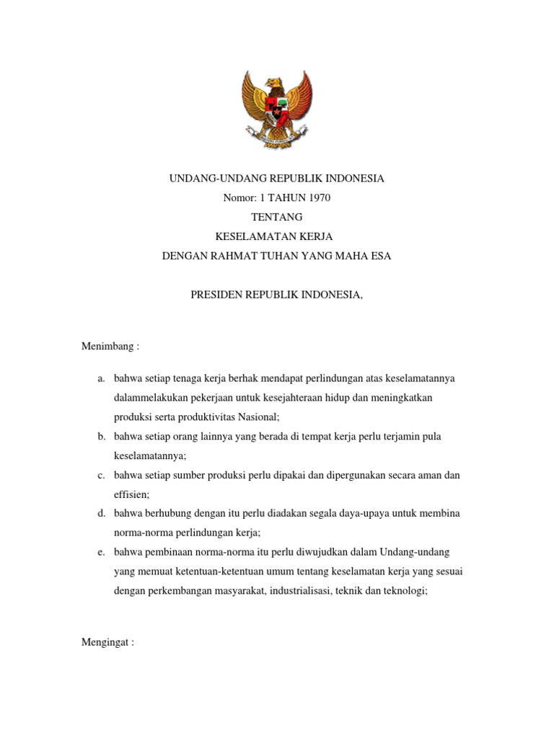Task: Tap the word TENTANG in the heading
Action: [277, 217]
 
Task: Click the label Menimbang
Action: [107, 346]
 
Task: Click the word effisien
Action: [131, 495]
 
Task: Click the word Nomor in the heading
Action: [241, 197]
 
